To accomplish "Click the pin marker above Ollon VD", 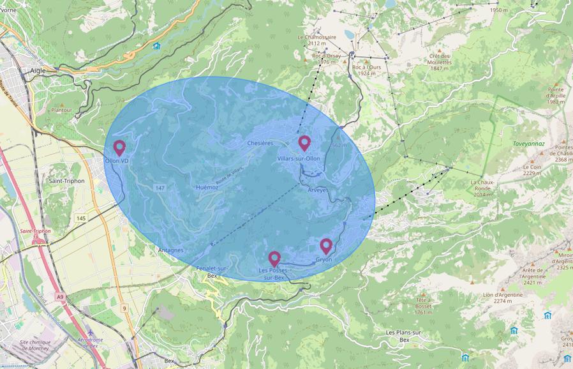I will (x=119, y=147).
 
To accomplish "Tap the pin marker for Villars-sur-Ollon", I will (x=304, y=143).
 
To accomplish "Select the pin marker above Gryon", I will (x=326, y=246).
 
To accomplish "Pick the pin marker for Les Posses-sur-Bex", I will (x=274, y=259).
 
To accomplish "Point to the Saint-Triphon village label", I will (x=64, y=181).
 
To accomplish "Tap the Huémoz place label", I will (x=208, y=187).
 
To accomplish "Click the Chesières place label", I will (x=260, y=143).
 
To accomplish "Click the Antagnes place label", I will (x=170, y=250).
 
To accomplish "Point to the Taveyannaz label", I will (x=528, y=144).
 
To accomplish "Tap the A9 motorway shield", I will (x=60, y=297).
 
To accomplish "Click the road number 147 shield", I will (x=160, y=188).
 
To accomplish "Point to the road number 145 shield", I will (x=80, y=218).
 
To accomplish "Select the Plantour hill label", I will (x=62, y=110).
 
